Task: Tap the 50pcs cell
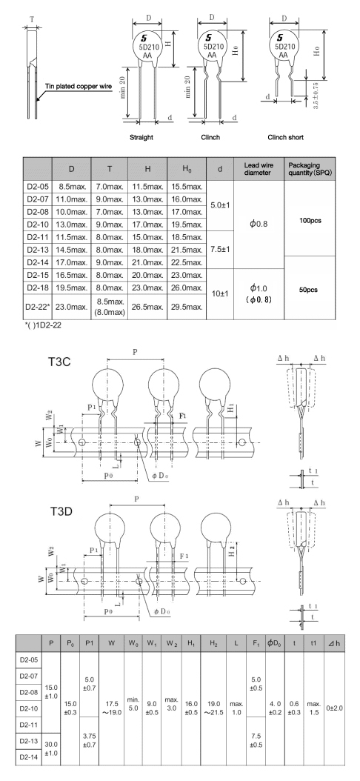(x=311, y=290)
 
